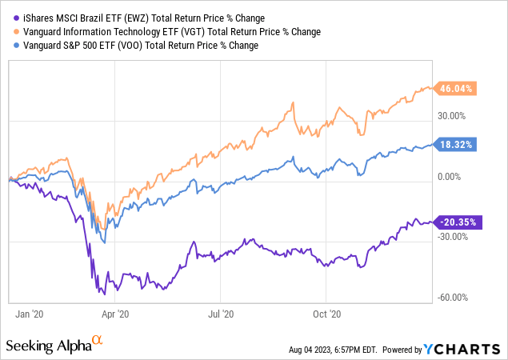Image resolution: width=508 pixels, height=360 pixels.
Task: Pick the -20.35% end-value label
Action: pos(457,222)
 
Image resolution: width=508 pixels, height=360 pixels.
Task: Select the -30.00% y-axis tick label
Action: pos(453,237)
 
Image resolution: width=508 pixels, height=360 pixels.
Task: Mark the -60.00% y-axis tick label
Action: pos(453,298)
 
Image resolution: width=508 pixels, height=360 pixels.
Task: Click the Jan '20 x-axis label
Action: pos(30,314)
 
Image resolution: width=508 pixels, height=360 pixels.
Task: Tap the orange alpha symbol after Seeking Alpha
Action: pos(98,341)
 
